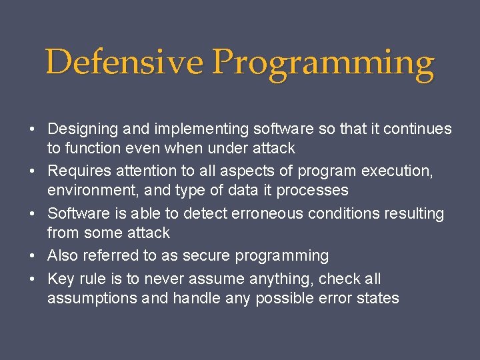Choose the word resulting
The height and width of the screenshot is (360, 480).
(413, 214)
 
